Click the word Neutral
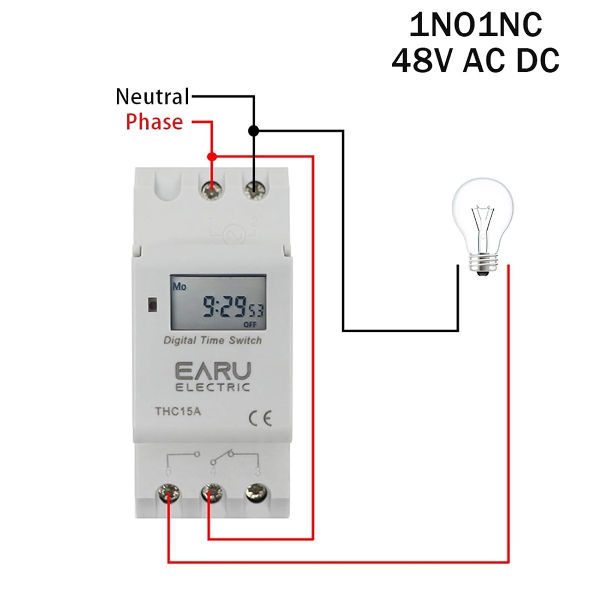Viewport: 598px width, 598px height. click(x=152, y=97)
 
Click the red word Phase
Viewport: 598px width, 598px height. click(x=154, y=122)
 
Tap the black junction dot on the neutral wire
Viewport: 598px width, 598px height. click(x=254, y=130)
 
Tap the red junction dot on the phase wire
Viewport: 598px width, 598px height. click(x=212, y=157)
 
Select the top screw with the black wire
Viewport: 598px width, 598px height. click(x=254, y=190)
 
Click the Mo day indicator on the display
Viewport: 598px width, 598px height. click(x=179, y=287)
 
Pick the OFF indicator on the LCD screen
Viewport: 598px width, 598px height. click(x=250, y=325)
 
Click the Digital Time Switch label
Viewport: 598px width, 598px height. click(x=212, y=340)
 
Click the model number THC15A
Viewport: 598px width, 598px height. click(x=178, y=411)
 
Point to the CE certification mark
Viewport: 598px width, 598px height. click(x=260, y=418)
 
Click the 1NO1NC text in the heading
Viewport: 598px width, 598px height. click(x=476, y=25)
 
